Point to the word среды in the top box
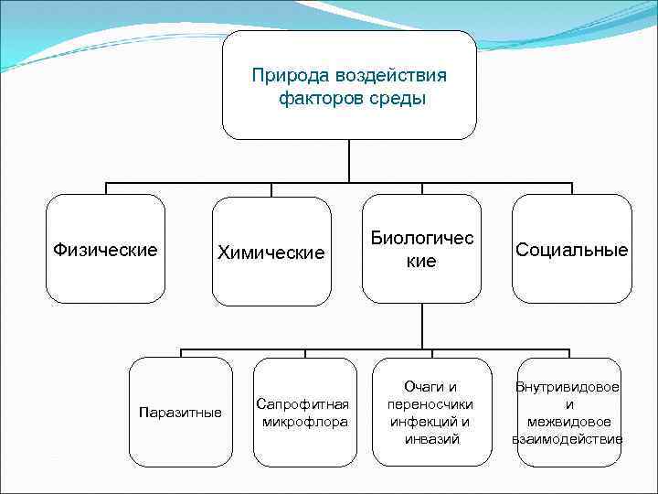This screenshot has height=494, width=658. coord(397,98)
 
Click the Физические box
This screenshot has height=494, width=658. coord(106,249)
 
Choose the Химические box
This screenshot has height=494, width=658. coord(271,252)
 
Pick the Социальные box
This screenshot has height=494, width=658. coord(572,249)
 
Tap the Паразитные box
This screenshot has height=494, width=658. coord(180,413)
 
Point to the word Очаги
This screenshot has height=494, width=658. coord(423,387)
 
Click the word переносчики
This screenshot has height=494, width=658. coord(430,404)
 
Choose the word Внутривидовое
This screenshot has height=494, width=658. coord(568,387)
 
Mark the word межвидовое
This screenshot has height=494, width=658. coord(568,422)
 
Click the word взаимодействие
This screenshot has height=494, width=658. coord(568,439)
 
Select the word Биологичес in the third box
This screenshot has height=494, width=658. coord(422,238)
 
